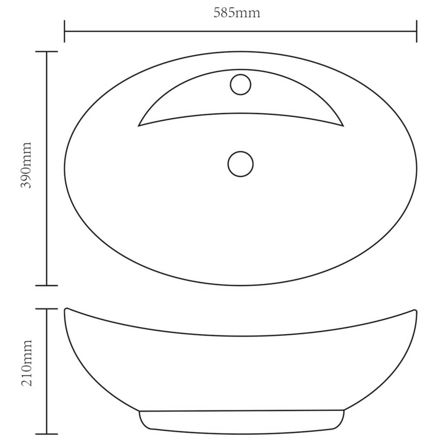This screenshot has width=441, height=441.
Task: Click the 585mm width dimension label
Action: [x=237, y=13]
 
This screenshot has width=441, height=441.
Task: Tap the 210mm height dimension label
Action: [x=26, y=363]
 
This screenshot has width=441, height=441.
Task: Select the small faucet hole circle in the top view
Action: [x=241, y=85]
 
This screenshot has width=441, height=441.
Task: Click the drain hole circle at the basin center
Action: [x=241, y=164]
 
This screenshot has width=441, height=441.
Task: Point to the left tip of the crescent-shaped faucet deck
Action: [x=139, y=126]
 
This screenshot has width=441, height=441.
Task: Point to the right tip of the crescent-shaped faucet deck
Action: [x=343, y=126]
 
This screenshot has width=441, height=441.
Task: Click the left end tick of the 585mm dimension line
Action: [x=65, y=31]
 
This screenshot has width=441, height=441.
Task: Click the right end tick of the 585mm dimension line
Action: [x=416, y=31]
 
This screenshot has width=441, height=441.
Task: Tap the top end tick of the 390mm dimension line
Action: [x=47, y=52]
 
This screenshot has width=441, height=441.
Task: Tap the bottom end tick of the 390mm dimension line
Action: [x=47, y=285]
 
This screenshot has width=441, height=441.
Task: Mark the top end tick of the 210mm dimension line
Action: [x=47, y=309]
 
